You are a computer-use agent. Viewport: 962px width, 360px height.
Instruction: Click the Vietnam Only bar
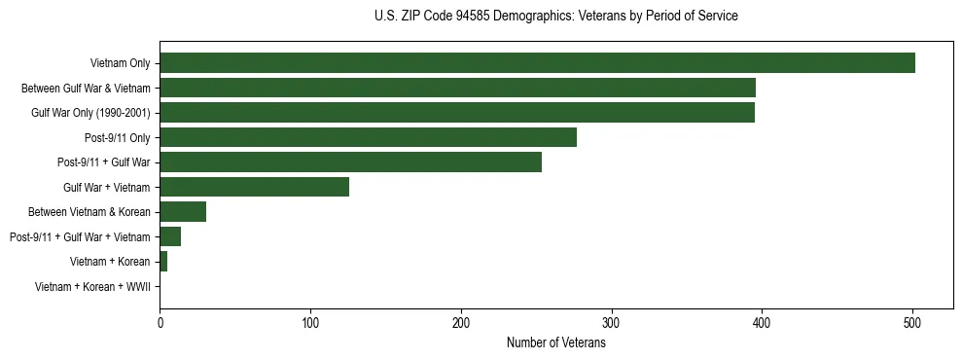click(537, 63)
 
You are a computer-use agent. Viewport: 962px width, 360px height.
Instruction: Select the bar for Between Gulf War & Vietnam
click(457, 88)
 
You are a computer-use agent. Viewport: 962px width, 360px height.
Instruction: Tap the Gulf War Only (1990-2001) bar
click(457, 113)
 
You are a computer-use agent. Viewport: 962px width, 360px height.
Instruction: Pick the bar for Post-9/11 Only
click(368, 137)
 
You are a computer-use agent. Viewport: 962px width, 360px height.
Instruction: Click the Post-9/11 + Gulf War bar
click(350, 162)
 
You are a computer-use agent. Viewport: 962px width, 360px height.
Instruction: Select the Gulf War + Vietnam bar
click(254, 187)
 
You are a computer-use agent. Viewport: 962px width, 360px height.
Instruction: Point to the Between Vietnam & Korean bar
click(183, 212)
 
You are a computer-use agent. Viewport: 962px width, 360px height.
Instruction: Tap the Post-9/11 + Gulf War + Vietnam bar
click(170, 236)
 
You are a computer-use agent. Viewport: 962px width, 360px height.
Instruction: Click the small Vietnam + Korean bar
click(163, 262)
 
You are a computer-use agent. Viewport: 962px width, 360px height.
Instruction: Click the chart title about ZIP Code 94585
click(555, 17)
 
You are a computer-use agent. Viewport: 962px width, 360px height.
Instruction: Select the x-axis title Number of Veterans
click(555, 343)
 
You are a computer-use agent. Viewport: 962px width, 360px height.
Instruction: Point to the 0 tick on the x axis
click(160, 323)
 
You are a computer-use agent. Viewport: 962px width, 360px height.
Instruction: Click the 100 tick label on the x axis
click(310, 323)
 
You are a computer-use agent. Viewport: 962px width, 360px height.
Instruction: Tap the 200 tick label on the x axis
click(461, 323)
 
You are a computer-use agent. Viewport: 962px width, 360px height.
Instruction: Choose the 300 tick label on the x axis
click(611, 323)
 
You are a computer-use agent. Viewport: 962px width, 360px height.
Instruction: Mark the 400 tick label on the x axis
click(762, 323)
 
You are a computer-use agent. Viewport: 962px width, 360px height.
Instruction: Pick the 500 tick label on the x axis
click(912, 323)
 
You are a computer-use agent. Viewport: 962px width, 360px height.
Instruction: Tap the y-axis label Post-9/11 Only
click(117, 138)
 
